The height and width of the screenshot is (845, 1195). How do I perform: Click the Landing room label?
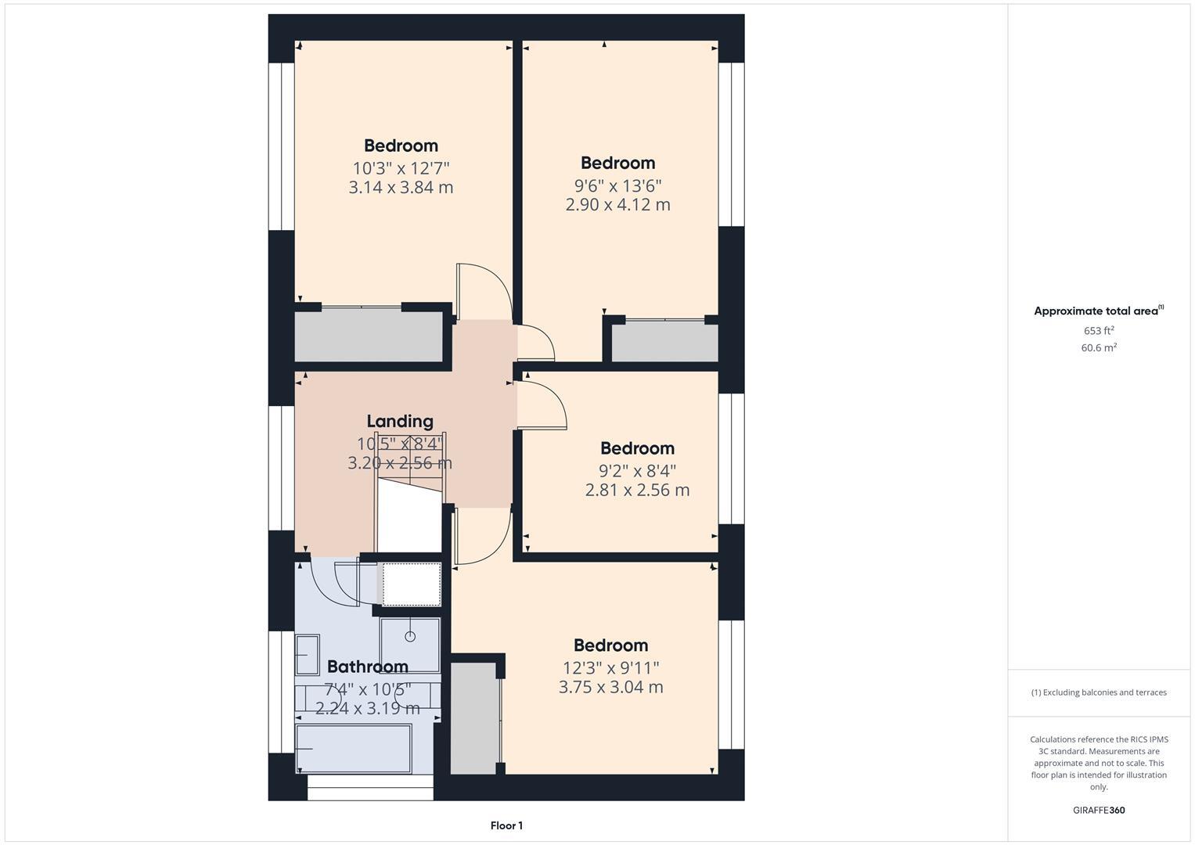click(x=399, y=422)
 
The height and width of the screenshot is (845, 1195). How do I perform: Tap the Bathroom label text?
click(x=367, y=667)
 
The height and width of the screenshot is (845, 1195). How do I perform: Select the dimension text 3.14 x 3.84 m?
click(x=401, y=188)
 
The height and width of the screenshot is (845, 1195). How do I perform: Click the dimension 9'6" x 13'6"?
click(x=617, y=185)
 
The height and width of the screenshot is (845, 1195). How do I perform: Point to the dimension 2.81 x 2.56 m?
click(x=637, y=491)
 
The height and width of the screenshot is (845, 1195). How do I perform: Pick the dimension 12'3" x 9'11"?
click(x=610, y=668)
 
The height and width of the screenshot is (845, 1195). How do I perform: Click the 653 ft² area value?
click(x=1098, y=331)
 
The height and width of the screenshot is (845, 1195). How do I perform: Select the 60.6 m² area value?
click(x=1098, y=348)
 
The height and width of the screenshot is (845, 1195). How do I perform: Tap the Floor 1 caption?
click(x=506, y=825)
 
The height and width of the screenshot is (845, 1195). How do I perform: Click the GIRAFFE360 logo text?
click(x=1098, y=811)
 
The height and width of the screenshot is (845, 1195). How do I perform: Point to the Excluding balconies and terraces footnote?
click(x=1098, y=692)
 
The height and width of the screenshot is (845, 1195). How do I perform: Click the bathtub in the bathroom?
click(x=354, y=749)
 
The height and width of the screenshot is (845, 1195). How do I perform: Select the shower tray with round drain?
click(x=410, y=645)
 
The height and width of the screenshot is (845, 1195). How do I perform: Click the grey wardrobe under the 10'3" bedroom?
click(x=369, y=336)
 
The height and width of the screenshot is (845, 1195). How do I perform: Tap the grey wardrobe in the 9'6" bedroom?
click(x=664, y=342)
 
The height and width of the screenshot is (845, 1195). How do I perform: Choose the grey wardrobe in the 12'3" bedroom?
click(x=474, y=718)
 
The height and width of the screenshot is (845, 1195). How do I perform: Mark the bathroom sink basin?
click(x=307, y=655)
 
